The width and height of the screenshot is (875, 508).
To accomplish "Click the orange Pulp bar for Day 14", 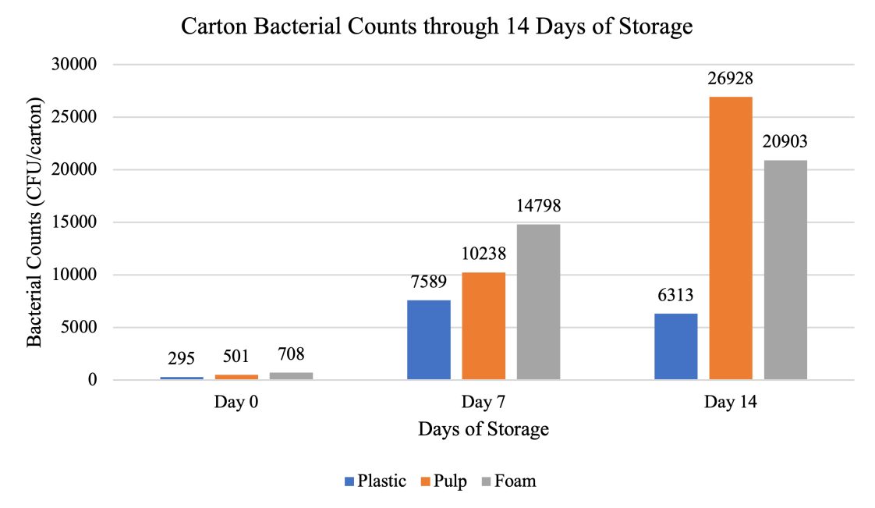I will click(731, 238).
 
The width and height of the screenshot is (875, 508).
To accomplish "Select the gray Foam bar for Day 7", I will click(538, 302).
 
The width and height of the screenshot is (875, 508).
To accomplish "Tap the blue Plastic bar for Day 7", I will click(429, 339).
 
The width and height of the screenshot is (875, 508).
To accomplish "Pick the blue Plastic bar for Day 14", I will click(675, 346).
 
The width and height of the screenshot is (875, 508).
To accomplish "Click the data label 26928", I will click(731, 79).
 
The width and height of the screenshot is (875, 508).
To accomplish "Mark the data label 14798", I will click(538, 208).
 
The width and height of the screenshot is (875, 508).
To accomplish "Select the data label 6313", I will click(675, 296).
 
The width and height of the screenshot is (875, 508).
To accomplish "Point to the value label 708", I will click(290, 356).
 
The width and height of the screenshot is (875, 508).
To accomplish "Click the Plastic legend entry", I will click(374, 481).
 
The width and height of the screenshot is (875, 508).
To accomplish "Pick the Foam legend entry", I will click(508, 481).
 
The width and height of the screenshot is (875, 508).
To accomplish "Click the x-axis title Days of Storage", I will click(483, 429).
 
